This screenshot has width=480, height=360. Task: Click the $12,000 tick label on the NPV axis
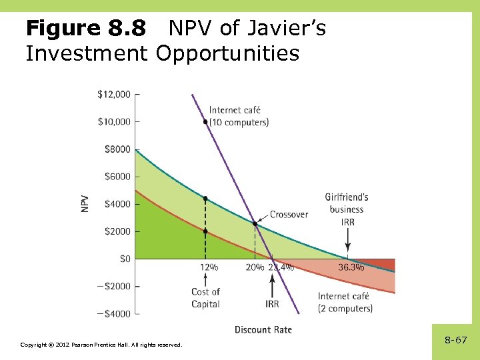(x=113, y=94)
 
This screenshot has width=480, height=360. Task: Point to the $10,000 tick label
(x=113, y=121)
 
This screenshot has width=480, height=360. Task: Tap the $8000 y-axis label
(x=117, y=149)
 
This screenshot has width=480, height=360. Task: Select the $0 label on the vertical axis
(x=123, y=259)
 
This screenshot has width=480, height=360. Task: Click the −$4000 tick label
(x=113, y=313)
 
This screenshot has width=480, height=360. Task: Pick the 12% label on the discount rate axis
(x=209, y=267)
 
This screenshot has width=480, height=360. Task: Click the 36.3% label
(x=351, y=267)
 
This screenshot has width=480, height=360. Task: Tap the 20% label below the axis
(x=255, y=267)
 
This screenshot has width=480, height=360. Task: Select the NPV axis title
(x=85, y=203)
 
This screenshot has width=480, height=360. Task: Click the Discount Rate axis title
(x=263, y=329)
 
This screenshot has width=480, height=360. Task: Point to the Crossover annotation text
(x=289, y=215)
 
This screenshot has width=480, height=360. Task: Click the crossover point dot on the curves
(x=255, y=224)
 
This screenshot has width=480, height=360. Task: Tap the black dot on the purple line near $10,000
(x=205, y=122)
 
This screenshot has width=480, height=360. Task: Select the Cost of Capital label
(x=205, y=298)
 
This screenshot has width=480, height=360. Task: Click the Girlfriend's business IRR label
(x=347, y=209)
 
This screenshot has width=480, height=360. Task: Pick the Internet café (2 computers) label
(x=345, y=302)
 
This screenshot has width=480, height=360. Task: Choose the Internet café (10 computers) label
(x=239, y=116)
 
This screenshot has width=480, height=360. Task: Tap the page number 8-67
(x=456, y=340)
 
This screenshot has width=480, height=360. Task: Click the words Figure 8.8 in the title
(x=85, y=29)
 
